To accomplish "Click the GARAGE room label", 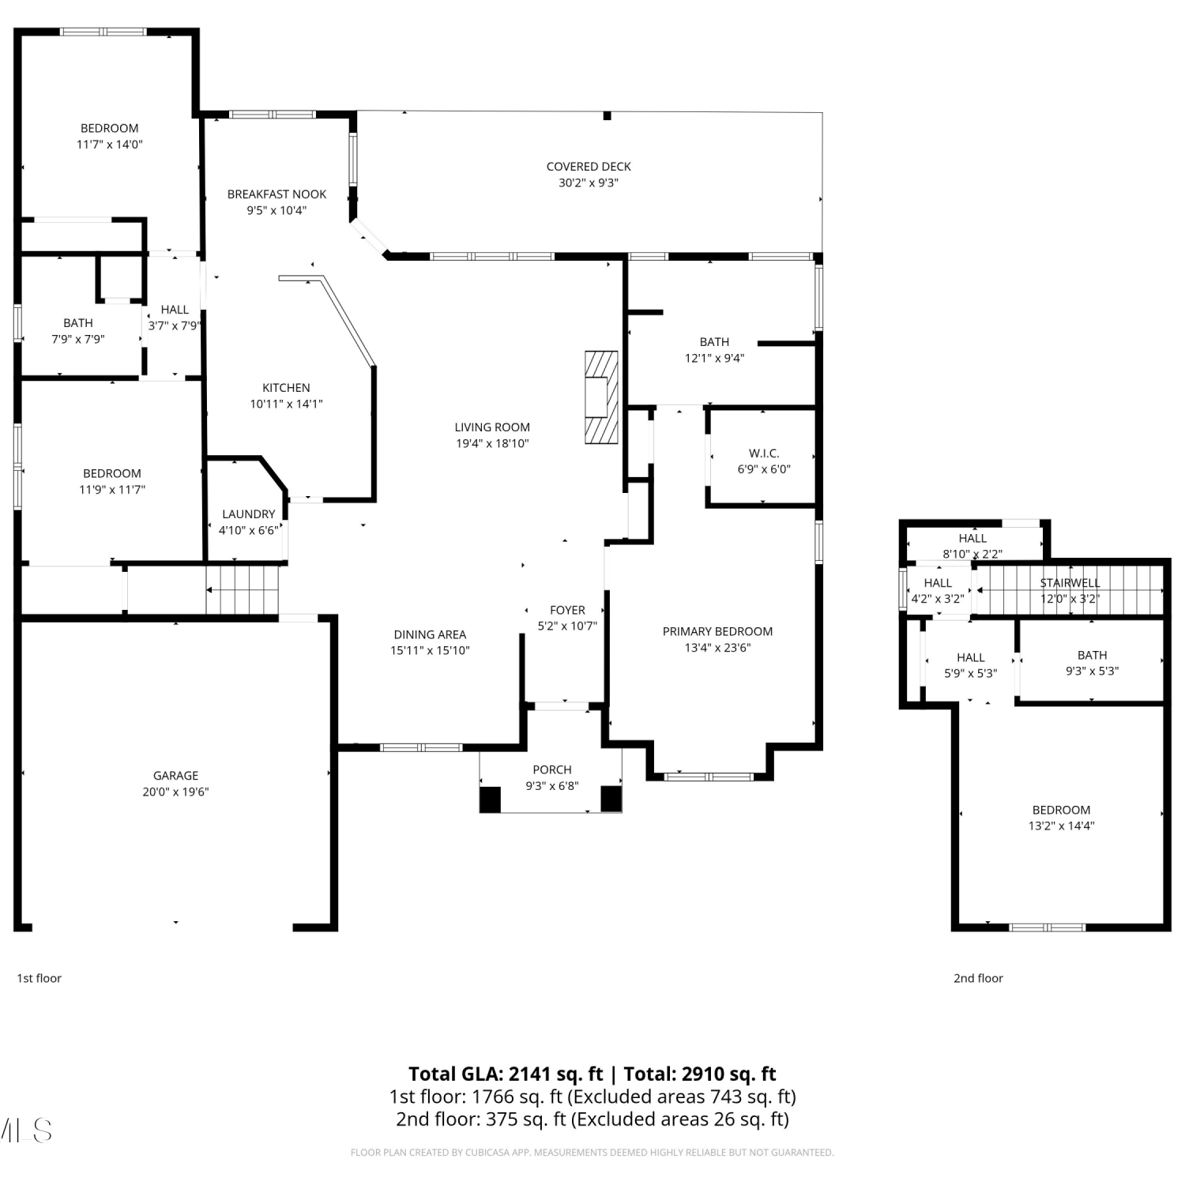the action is (x=175, y=776).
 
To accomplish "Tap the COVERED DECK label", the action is (x=589, y=167).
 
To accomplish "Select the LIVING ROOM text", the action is (x=492, y=427).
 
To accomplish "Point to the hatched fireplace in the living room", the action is (x=601, y=397).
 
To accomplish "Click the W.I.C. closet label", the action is (x=764, y=453).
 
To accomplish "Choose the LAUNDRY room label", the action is (x=249, y=514).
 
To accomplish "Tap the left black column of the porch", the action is (x=491, y=799).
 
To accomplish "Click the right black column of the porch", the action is (x=611, y=799).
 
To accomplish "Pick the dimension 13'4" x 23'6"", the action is (x=717, y=648).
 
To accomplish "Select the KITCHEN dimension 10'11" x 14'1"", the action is (x=286, y=404).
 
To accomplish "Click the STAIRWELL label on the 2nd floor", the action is (x=1070, y=583).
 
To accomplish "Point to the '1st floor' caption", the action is (x=39, y=978).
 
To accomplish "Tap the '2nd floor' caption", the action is (x=978, y=978).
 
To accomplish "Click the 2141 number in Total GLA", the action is (x=529, y=1074).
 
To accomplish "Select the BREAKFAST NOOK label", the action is (x=276, y=194).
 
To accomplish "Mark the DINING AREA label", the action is (x=430, y=634).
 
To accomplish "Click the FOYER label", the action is (x=567, y=611).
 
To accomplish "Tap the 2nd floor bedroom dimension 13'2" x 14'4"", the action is (x=1061, y=826).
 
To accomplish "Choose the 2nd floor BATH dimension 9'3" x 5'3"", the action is (x=1092, y=671).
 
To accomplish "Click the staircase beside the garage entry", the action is (x=243, y=589).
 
